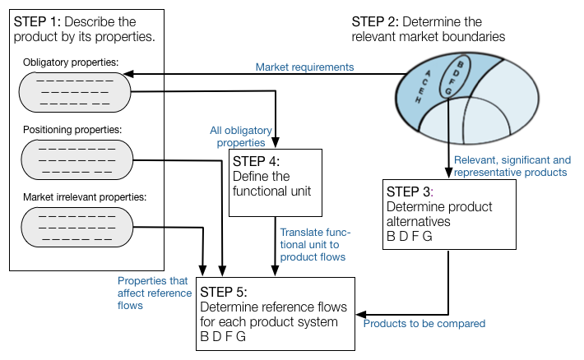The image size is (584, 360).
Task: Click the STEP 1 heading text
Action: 84,29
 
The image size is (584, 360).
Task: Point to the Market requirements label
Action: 304,67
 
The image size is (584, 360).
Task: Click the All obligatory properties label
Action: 241,136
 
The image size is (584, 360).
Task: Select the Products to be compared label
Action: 424,324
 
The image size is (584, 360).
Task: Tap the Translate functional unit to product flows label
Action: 315,245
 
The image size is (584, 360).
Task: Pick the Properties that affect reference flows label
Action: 155,293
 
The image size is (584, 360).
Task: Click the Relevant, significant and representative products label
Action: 512,166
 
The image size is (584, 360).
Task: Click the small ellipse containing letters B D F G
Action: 440,77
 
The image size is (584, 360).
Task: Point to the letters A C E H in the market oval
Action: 423,86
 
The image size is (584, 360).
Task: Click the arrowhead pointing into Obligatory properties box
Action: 128,74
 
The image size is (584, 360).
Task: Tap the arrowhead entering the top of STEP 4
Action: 276,142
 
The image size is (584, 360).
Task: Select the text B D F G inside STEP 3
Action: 410,237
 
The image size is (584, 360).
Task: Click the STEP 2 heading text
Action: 429,29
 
